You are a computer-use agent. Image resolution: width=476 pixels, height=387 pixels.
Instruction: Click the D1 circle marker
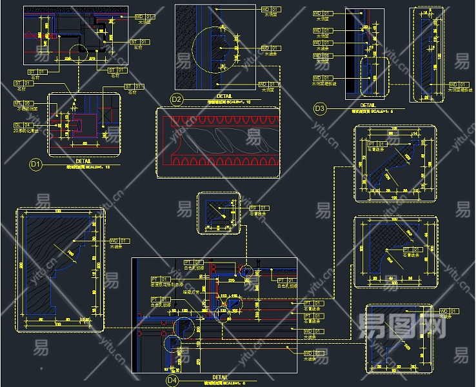click(35, 164)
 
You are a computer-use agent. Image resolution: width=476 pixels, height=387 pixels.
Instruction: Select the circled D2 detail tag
click(176, 99)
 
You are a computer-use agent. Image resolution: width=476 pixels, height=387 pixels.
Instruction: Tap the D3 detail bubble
click(319, 109)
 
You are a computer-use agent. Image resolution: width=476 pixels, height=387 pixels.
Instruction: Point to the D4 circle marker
click(172, 381)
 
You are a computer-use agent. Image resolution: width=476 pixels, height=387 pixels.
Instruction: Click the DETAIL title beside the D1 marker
click(84, 161)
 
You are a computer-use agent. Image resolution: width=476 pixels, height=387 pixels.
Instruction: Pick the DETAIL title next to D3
click(368, 105)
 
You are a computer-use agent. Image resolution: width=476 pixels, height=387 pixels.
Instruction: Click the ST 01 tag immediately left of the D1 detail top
click(23, 83)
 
